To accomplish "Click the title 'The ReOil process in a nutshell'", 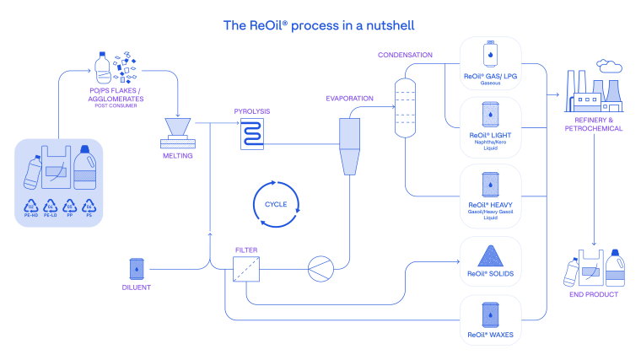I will (x=319, y=25).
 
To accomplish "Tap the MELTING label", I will (x=177, y=155).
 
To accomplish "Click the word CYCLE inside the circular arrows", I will (x=276, y=204).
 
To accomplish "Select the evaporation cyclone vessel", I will (x=349, y=144).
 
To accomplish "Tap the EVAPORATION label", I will (x=349, y=99).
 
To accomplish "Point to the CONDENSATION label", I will (x=405, y=55).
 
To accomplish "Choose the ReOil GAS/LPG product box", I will (x=490, y=62).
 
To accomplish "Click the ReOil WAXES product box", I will (x=490, y=320).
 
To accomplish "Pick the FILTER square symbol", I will (x=246, y=269).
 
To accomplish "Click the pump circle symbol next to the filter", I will (x=320, y=269).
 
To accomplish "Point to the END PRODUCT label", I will (x=594, y=295).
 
